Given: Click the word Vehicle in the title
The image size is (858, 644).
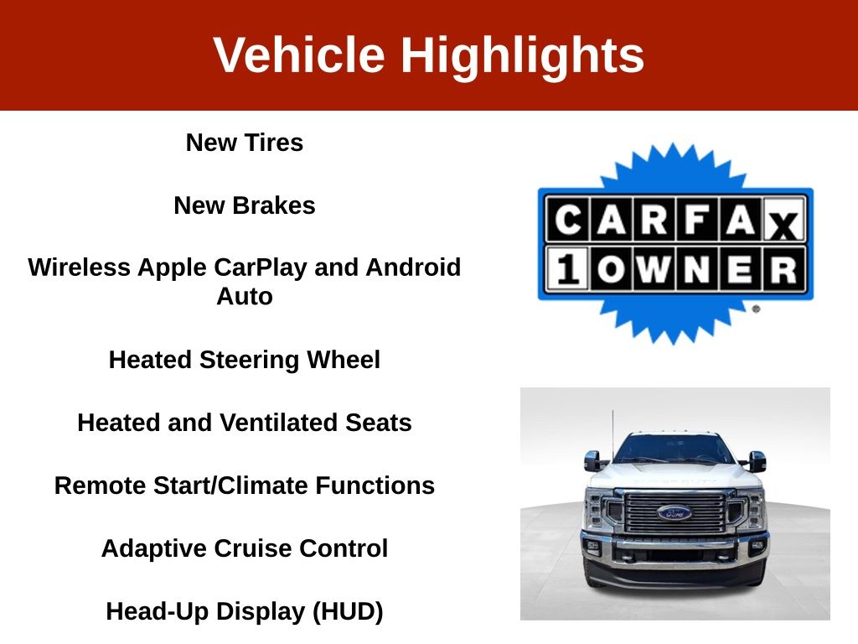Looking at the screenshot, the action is pyautogui.click(x=299, y=55).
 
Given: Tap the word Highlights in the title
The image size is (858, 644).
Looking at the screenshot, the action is pyautogui.click(x=523, y=55).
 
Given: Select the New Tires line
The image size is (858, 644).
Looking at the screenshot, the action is pyautogui.click(x=244, y=143).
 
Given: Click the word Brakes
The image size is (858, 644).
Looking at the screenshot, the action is pyautogui.click(x=274, y=205).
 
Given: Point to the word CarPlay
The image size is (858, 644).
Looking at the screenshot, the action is pyautogui.click(x=260, y=267).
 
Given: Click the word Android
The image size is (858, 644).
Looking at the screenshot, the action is pyautogui.click(x=413, y=267).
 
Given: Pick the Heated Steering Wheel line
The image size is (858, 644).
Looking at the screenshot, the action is pyautogui.click(x=244, y=360).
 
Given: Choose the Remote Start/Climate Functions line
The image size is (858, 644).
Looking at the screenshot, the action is pyautogui.click(x=244, y=486).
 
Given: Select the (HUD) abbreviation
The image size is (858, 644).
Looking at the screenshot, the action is pyautogui.click(x=348, y=611).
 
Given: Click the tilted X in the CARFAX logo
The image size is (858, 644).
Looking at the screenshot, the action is pyautogui.click(x=783, y=224).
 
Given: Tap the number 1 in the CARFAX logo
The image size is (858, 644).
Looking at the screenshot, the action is pyautogui.click(x=568, y=269).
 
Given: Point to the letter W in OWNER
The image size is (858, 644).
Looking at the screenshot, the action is pyautogui.click(x=654, y=269).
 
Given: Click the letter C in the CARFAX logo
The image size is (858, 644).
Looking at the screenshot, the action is pyautogui.click(x=568, y=220).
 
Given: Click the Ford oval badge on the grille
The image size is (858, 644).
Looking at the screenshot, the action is pyautogui.click(x=675, y=512).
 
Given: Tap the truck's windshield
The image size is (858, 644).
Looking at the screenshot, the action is pyautogui.click(x=674, y=449).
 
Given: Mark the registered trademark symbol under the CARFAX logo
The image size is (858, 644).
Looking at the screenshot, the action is pyautogui.click(x=756, y=309).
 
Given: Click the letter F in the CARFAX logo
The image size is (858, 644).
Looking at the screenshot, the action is pyautogui.click(x=697, y=220).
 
